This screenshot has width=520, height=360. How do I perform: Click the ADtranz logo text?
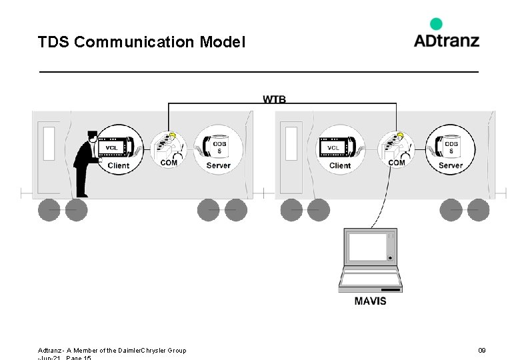click(446, 41)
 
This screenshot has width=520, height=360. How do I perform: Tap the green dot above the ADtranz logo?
click(436, 23)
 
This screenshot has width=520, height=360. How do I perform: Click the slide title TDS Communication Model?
click(141, 43)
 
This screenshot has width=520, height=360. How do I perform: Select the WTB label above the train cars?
click(275, 99)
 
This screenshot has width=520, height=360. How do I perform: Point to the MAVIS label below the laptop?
click(370, 301)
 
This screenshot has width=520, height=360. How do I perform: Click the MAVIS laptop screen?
click(367, 247)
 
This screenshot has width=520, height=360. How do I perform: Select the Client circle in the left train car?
click(119, 148)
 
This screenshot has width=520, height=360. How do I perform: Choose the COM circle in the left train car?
click(169, 148)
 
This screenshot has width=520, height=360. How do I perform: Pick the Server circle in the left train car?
click(218, 148)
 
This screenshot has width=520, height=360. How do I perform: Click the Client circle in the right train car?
click(339, 148)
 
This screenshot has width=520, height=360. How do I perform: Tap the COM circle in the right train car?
click(396, 147)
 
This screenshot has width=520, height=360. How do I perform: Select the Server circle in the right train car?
click(451, 148)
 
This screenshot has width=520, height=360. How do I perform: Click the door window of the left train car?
click(49, 143)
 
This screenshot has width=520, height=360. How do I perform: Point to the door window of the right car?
click(291, 143)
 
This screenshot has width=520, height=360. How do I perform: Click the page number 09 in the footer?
click(481, 350)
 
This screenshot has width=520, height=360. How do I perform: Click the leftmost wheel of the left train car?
click(49, 210)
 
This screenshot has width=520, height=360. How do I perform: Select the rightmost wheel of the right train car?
click(479, 210)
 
